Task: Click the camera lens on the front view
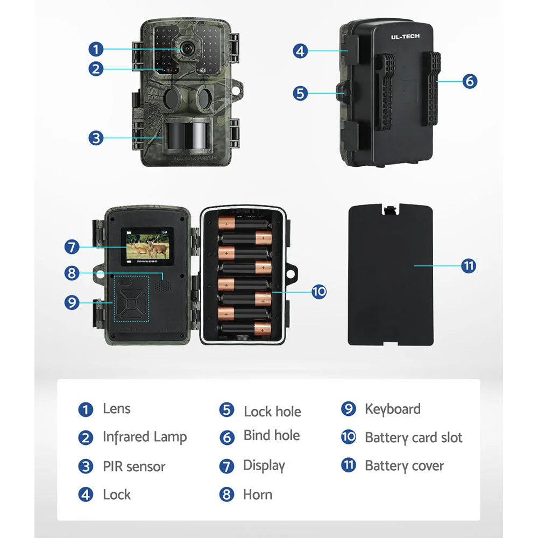click(x=187, y=48)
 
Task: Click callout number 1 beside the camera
click(x=96, y=49)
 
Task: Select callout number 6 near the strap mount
click(x=470, y=81)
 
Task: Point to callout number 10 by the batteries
click(x=319, y=292)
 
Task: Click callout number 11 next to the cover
click(x=469, y=266)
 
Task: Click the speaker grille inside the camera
click(x=161, y=286)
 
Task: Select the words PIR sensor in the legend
click(x=134, y=466)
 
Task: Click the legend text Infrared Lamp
click(x=145, y=437)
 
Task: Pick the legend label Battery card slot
click(x=413, y=437)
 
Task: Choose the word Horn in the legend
click(x=258, y=494)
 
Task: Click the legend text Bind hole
click(x=272, y=435)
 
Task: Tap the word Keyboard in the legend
click(x=392, y=409)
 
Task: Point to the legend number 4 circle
click(x=86, y=494)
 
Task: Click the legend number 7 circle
click(x=227, y=466)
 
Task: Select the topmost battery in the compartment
click(x=245, y=223)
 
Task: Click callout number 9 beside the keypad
click(x=72, y=302)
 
